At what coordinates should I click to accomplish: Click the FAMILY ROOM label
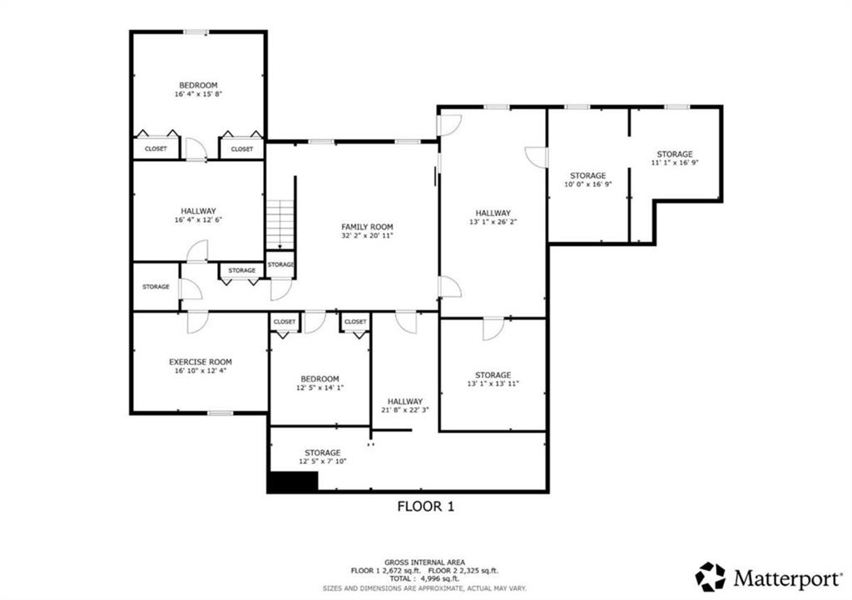(x=367, y=227)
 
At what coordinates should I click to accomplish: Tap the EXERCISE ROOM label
(x=200, y=361)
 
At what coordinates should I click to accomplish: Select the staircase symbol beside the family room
(x=280, y=223)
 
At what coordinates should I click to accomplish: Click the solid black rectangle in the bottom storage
(x=292, y=482)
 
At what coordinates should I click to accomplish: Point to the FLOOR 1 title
(x=425, y=505)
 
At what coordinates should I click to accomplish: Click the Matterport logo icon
(x=710, y=576)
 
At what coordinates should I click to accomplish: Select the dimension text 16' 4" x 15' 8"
(x=198, y=95)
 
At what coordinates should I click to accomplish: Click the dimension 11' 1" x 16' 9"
(x=674, y=164)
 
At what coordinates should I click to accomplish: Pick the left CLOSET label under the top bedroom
(x=156, y=149)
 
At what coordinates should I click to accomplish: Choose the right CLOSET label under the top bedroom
(x=242, y=149)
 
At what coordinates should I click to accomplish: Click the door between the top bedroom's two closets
(x=196, y=150)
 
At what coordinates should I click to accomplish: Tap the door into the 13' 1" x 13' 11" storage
(x=493, y=328)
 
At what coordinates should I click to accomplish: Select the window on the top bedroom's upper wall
(x=196, y=32)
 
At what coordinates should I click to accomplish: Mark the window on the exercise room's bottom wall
(x=220, y=412)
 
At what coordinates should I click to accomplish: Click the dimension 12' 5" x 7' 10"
(x=320, y=462)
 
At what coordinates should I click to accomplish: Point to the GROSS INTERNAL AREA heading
(x=425, y=562)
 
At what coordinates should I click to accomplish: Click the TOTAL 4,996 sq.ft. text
(x=425, y=578)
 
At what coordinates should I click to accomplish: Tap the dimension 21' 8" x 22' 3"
(x=404, y=410)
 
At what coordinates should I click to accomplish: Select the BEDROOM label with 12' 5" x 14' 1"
(x=319, y=378)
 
